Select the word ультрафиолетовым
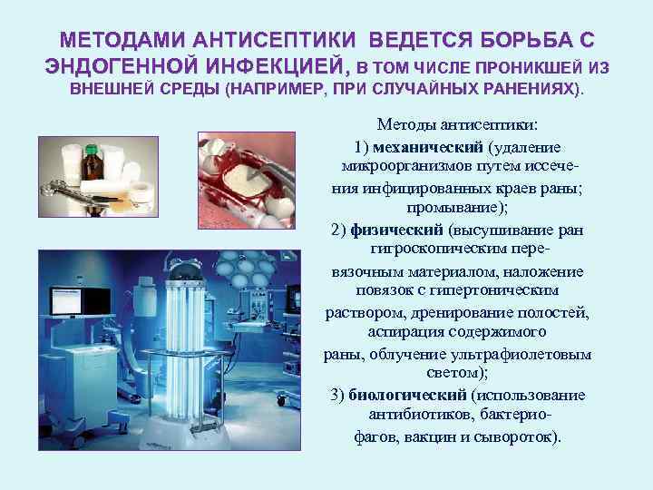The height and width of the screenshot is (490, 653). point(535,354)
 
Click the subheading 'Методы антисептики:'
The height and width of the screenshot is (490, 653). point(458,124)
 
